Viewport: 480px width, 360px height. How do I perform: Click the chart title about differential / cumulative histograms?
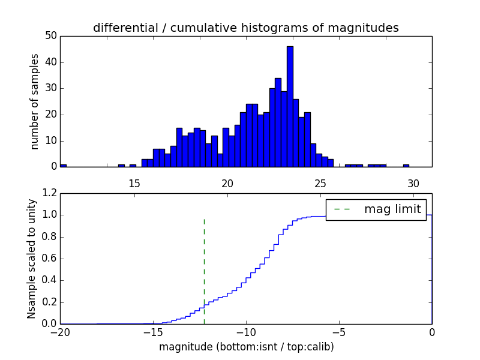point(245,28)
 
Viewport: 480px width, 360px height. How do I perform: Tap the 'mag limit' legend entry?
point(376,209)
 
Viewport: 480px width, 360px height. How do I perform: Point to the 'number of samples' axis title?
point(35,101)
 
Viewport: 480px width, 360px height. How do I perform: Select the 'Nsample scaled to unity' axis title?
point(31,258)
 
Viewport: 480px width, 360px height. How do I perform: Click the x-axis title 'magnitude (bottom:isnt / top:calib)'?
point(246,347)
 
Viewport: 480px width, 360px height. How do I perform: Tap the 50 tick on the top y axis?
point(50,36)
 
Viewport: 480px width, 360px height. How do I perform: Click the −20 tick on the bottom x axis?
point(59,332)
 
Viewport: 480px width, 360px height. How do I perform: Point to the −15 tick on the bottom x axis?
point(152,332)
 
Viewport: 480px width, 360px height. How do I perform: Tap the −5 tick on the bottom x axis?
point(339,332)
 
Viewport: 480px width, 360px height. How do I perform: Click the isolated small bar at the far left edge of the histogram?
point(63,165)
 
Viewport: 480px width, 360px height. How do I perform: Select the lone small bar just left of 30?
point(406,165)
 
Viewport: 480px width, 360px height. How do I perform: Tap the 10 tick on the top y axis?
point(50,140)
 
